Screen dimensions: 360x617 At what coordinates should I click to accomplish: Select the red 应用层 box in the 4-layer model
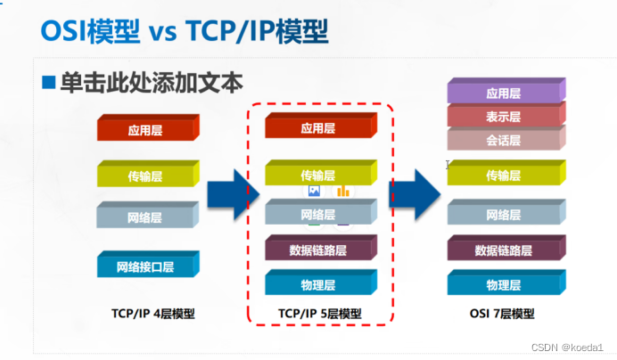click(146, 129)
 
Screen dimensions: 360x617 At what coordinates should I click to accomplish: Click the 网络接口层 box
click(146, 266)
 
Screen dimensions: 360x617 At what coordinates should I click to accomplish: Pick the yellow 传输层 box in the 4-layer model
click(146, 175)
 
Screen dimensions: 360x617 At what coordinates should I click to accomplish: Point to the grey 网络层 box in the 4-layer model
click(146, 217)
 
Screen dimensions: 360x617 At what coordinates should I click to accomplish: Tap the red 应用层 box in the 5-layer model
click(318, 128)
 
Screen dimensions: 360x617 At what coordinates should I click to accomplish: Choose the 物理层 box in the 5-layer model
click(318, 285)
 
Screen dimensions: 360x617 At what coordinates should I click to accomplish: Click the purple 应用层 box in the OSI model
click(504, 93)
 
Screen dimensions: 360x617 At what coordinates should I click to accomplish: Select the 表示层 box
click(504, 116)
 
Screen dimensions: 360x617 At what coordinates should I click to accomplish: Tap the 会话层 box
click(504, 139)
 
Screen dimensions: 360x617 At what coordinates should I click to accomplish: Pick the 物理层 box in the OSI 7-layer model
click(504, 285)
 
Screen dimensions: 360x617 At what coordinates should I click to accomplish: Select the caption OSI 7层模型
click(502, 314)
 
